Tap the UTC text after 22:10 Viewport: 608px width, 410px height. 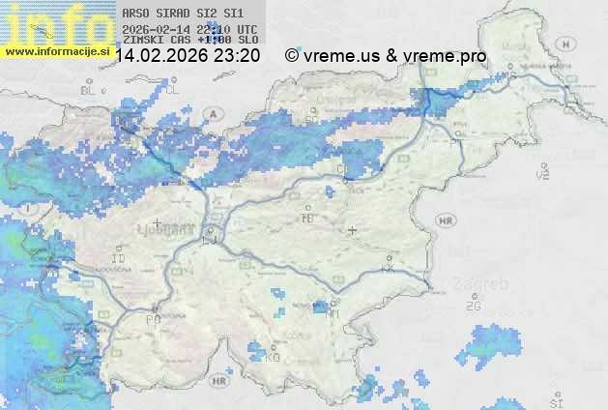[246, 29]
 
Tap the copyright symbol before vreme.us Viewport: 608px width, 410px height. [292, 56]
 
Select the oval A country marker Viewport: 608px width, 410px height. [211, 113]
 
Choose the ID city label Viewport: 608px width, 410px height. [119, 259]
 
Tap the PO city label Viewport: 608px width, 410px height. [153, 318]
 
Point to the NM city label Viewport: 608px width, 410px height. [333, 313]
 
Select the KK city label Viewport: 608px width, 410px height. [390, 269]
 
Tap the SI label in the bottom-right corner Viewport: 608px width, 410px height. [555, 399]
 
